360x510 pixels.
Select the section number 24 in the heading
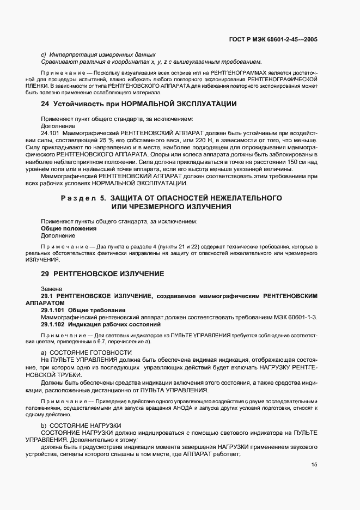pyautogui.click(x=45, y=104)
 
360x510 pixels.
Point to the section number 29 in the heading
pyautogui.click(x=45, y=273)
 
